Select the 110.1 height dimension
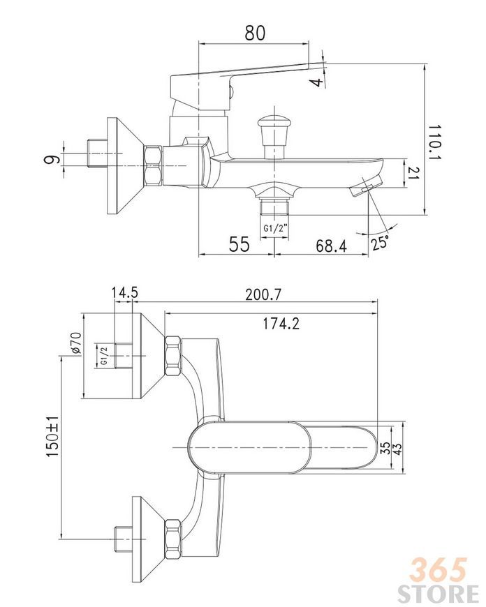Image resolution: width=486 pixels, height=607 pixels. (x=436, y=142)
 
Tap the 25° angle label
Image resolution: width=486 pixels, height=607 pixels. (x=379, y=242)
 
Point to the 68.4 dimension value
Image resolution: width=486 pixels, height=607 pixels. (x=332, y=246)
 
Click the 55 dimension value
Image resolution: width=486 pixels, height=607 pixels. (x=240, y=244)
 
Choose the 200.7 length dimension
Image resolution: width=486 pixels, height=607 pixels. (x=263, y=295)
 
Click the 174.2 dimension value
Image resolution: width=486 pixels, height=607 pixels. (x=281, y=323)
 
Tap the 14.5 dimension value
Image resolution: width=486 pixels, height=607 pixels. (x=125, y=292)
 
